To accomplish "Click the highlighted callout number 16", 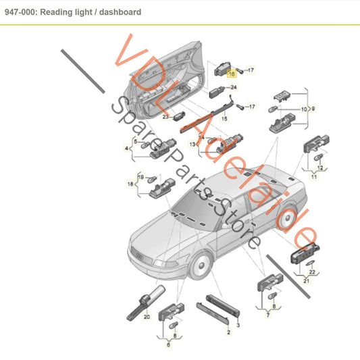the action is tap(232, 74).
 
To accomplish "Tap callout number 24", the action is tap(234, 87).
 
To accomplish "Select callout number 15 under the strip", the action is tap(224, 119).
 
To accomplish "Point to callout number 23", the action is tap(165, 117).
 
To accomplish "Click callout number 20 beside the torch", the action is tap(147, 317).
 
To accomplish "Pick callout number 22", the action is tap(312, 272).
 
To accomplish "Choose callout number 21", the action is tap(306, 281).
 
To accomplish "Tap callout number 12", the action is tap(320, 168).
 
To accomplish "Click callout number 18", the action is tap(130, 184).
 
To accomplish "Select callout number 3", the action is tap(238, 325).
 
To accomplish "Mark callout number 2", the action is tap(228, 332).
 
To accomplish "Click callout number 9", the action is tap(313, 109).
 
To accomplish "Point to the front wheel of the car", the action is tap(201, 265).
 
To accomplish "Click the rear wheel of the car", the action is tap(287, 218).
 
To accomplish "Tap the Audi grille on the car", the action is tap(140, 256).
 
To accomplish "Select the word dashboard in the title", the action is tap(120, 12).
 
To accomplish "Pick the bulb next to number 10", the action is tap(273, 109).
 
